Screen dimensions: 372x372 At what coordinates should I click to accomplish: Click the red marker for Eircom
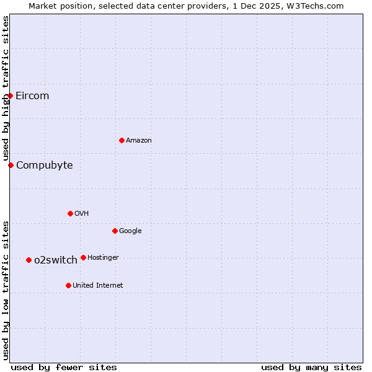[x=11, y=95]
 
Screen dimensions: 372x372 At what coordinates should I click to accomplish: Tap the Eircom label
[x=32, y=95]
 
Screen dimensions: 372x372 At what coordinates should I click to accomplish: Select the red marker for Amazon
[x=122, y=140]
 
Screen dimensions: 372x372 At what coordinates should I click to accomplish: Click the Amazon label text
[x=139, y=141]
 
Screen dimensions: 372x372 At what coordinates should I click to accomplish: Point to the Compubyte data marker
[x=11, y=165]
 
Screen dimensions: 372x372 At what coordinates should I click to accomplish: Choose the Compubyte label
[x=45, y=165]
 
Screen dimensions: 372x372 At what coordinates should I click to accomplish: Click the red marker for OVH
[x=70, y=213]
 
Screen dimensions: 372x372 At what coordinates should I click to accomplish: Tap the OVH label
[x=82, y=214]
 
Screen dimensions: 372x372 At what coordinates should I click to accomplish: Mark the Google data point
[x=115, y=231]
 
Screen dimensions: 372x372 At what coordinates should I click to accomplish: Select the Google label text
[x=130, y=231]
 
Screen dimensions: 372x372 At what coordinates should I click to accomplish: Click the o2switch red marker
[x=29, y=260]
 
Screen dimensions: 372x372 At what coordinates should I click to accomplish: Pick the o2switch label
[x=56, y=260]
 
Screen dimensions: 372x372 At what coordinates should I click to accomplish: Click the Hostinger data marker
[x=83, y=257]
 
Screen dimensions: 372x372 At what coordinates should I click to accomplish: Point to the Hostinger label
[x=103, y=258]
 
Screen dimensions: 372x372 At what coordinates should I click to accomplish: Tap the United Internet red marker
[x=68, y=285]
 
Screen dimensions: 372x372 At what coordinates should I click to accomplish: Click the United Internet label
[x=98, y=286]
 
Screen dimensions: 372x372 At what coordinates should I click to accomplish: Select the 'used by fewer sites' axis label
[x=64, y=367]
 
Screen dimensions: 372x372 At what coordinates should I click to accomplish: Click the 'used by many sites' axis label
[x=311, y=367]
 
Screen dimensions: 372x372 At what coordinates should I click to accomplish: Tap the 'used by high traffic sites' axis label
[x=6, y=89]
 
